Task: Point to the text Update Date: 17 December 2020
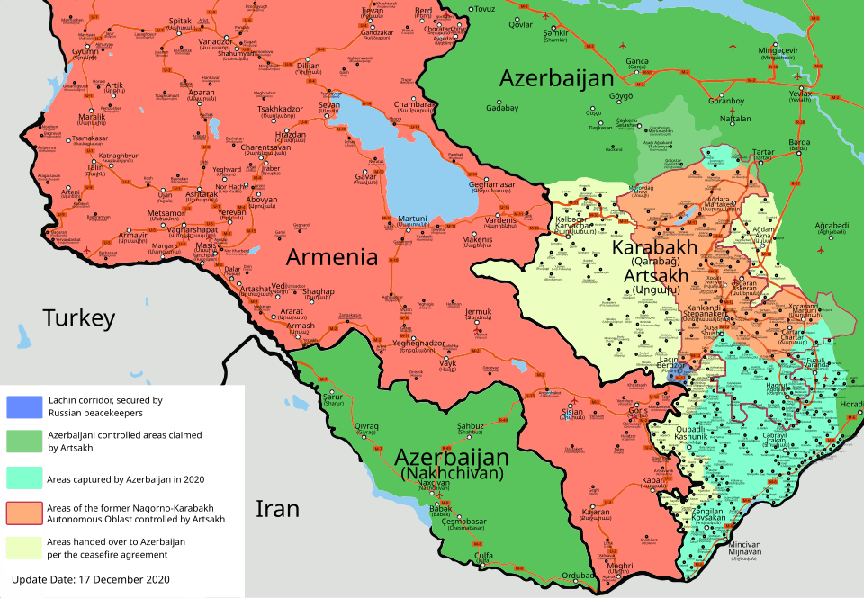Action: pos(90,579)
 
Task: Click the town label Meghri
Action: pos(621,566)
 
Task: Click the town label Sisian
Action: pos(571,412)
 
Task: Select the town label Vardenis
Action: pos(501,219)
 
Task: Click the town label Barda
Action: pos(798,142)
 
